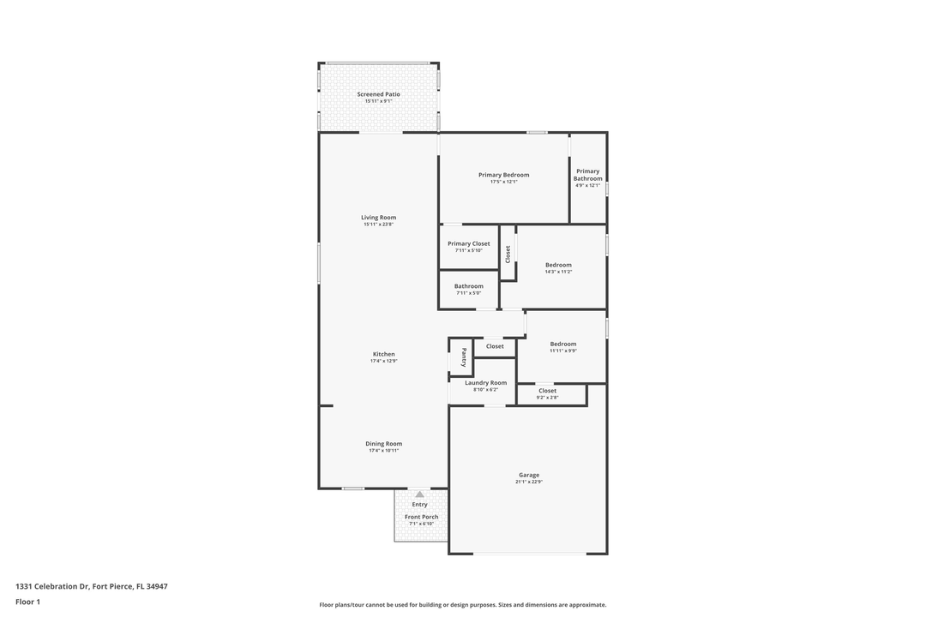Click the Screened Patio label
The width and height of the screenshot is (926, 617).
378,94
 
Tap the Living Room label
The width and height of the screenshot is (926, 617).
378,218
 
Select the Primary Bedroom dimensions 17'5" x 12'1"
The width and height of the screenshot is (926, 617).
503,182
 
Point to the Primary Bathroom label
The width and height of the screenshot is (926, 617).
588,175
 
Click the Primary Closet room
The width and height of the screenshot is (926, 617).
468,247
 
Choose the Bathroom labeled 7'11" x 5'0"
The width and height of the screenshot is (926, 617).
468,289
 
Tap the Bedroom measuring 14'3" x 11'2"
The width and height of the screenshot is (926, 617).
558,267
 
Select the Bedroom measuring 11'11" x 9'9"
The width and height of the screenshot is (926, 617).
563,347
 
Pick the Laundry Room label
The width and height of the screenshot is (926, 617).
485,383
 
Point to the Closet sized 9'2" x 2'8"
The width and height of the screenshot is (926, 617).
547,393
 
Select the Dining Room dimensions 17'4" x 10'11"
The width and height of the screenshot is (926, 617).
383,451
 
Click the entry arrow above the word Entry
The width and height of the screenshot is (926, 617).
419,494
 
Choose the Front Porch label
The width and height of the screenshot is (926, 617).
421,517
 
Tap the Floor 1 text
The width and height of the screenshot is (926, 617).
27,602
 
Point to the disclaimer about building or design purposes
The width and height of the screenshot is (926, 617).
462,605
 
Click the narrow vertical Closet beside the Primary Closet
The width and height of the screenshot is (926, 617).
508,254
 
